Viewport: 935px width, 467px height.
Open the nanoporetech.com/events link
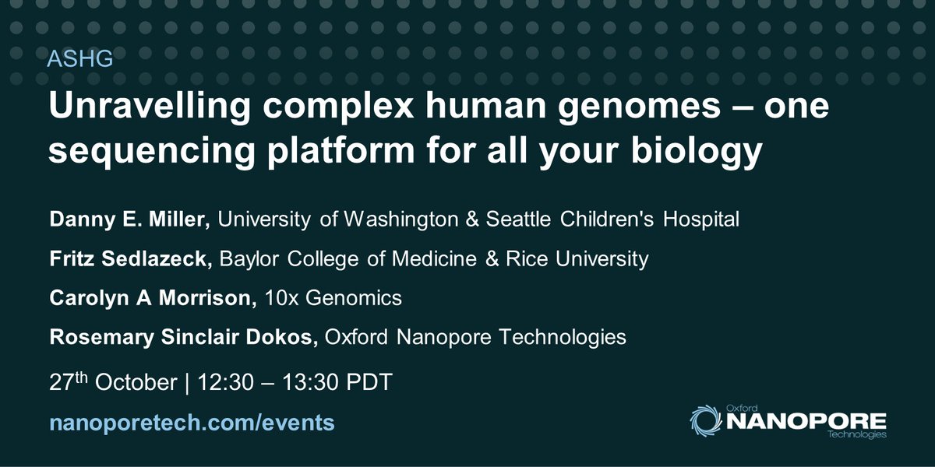[192, 423]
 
